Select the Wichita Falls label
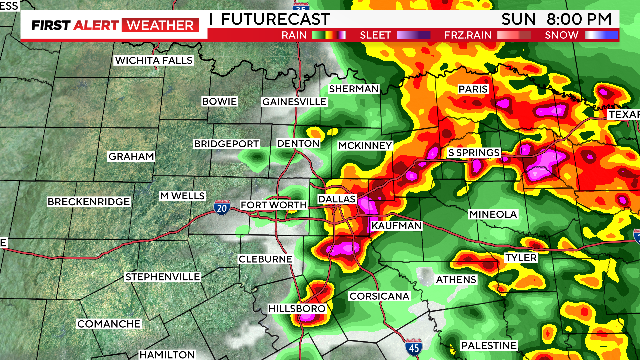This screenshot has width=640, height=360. pyautogui.click(x=153, y=60)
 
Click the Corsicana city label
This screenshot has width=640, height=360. pyautogui.click(x=379, y=297)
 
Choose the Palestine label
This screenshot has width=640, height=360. pyautogui.click(x=489, y=345)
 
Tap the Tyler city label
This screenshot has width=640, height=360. pyautogui.click(x=521, y=258)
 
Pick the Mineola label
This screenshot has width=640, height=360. pyautogui.click(x=493, y=215)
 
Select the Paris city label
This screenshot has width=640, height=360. pyautogui.click(x=472, y=89)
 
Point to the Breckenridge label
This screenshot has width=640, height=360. pyautogui.click(x=89, y=202)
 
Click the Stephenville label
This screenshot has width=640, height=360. pyautogui.click(x=163, y=276)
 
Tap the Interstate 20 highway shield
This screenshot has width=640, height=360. pyautogui.click(x=222, y=207)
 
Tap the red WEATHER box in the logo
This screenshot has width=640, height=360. pyautogui.click(x=159, y=24)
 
